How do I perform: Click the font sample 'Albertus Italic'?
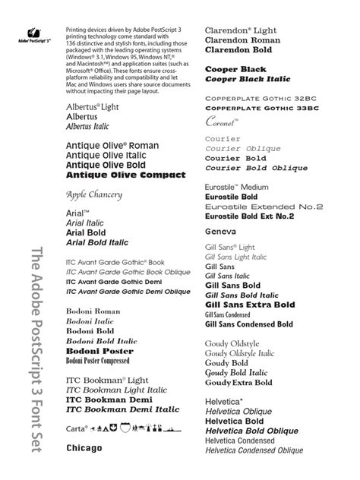pyautogui.click(x=93, y=128)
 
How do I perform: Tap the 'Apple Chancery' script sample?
pyautogui.click(x=94, y=195)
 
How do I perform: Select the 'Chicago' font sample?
pyautogui.click(x=84, y=449)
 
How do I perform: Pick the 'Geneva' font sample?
pyautogui.click(x=223, y=230)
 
